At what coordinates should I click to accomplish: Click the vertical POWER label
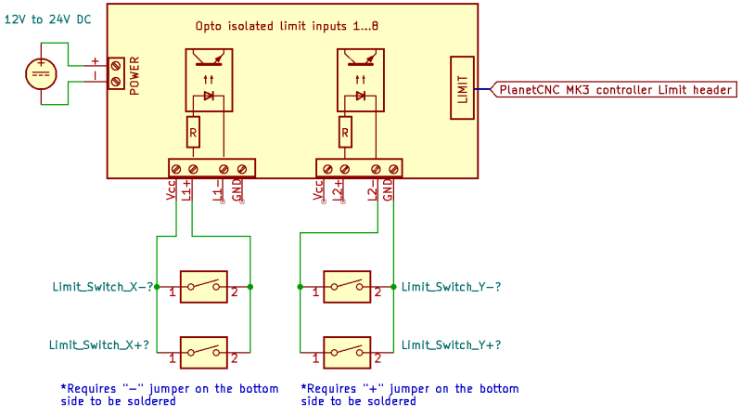[x=135, y=74]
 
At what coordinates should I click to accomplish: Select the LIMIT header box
[x=463, y=89]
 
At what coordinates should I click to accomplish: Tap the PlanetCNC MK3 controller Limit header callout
[x=615, y=90]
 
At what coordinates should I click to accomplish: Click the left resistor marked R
[x=193, y=133]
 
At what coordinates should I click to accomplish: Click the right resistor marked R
[x=345, y=133]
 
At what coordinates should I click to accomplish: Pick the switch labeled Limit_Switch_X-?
[x=204, y=287]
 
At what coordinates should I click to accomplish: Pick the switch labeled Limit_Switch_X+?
[x=204, y=352]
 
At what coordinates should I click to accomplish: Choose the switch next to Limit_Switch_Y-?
[x=347, y=287]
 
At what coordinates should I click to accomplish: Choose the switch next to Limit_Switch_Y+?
[x=347, y=352]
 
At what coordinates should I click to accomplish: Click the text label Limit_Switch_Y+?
[x=451, y=344]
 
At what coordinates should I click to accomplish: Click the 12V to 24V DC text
[x=47, y=18]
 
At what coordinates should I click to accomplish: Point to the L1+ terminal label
[x=186, y=190]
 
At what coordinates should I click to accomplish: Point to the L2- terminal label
[x=373, y=190]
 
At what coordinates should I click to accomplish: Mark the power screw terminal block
[x=116, y=73]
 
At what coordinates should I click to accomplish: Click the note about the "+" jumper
[x=409, y=395]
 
